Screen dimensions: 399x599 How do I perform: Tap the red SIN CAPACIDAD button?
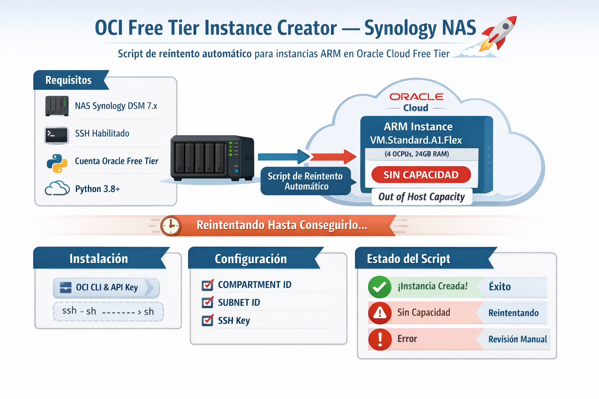[x=421, y=175]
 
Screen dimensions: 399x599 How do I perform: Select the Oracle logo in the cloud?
[x=416, y=97]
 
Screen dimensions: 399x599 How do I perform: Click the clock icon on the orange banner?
[x=171, y=226]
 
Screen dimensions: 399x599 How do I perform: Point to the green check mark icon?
[x=379, y=287]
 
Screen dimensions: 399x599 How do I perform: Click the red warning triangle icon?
[x=379, y=312]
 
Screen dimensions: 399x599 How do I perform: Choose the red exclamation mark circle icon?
[x=379, y=339]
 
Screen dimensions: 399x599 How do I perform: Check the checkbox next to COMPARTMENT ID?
[x=207, y=285]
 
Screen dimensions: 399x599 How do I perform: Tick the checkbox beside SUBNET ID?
[x=207, y=303]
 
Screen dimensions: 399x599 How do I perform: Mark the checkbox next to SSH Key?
[x=207, y=321]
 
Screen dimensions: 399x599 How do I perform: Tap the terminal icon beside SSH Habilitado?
[x=57, y=135]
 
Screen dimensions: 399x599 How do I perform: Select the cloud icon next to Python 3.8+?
[x=57, y=189]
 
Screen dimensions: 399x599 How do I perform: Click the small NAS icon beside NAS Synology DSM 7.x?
[x=57, y=106]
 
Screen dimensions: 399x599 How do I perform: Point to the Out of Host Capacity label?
[x=421, y=197]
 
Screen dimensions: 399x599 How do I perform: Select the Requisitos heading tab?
[x=69, y=80]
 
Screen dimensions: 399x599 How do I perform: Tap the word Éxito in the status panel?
[x=500, y=287]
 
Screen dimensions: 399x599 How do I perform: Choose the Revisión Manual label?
[x=517, y=339]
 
